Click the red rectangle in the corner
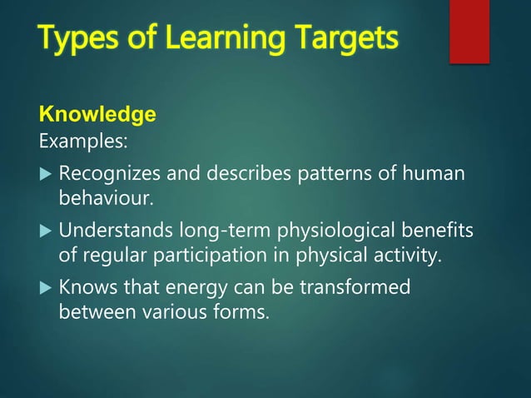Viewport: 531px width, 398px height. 469,32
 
